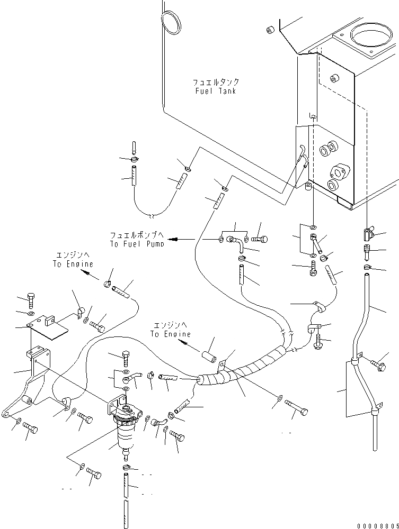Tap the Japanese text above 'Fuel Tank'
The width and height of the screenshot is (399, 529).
(215, 83)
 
